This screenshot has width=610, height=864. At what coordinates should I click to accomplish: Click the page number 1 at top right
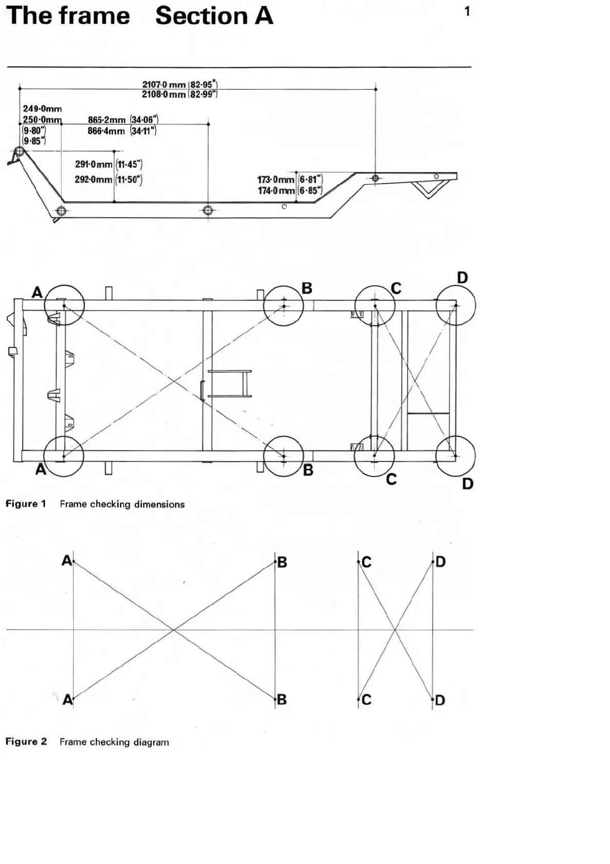click(x=466, y=11)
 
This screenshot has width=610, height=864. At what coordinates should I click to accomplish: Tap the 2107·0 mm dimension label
click(x=164, y=85)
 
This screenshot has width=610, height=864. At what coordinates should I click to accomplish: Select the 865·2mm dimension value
click(x=107, y=120)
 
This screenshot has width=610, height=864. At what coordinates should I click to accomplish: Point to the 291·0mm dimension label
click(x=93, y=165)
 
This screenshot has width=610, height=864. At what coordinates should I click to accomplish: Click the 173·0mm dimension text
click(x=276, y=179)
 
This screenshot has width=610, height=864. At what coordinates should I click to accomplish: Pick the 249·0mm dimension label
click(x=42, y=109)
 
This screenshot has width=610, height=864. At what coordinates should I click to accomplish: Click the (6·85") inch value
click(x=310, y=191)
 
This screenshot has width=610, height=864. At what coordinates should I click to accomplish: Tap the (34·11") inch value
click(x=143, y=131)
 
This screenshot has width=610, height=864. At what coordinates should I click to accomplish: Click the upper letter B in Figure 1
click(x=307, y=288)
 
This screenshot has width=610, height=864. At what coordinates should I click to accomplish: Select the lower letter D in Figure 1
click(x=467, y=484)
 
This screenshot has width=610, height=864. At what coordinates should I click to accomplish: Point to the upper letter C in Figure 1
click(x=396, y=288)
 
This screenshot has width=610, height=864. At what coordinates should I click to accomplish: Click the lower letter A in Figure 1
click(x=40, y=469)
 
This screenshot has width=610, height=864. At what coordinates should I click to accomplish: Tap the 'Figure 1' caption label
click(x=26, y=504)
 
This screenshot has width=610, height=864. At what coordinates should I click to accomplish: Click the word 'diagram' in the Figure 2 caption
click(x=151, y=742)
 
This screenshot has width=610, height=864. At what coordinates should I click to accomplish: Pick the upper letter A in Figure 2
click(x=67, y=560)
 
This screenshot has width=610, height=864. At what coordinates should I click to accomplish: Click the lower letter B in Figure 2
click(x=281, y=699)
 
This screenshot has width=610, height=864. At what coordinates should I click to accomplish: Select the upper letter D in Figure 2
click(x=440, y=562)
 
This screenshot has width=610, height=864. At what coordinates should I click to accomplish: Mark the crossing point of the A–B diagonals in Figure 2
click(x=174, y=630)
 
